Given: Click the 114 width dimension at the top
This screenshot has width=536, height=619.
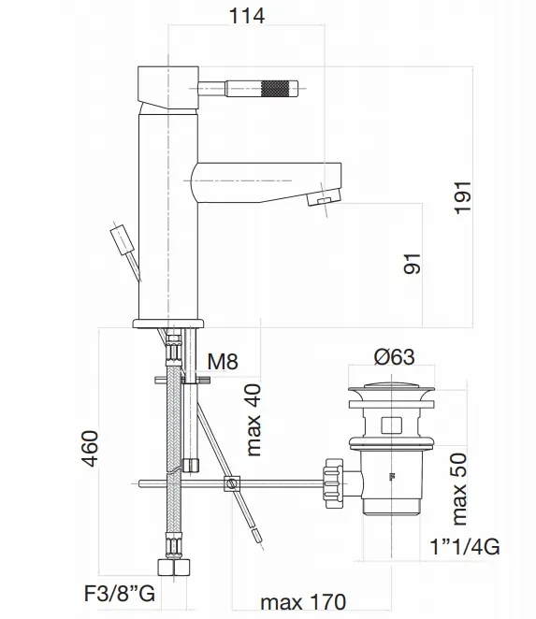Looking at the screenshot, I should (247, 15).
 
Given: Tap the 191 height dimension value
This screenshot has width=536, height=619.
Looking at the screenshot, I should (465, 195).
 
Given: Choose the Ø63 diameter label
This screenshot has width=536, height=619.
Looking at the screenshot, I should (395, 355).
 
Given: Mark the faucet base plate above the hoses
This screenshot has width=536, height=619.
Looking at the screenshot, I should (169, 323).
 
